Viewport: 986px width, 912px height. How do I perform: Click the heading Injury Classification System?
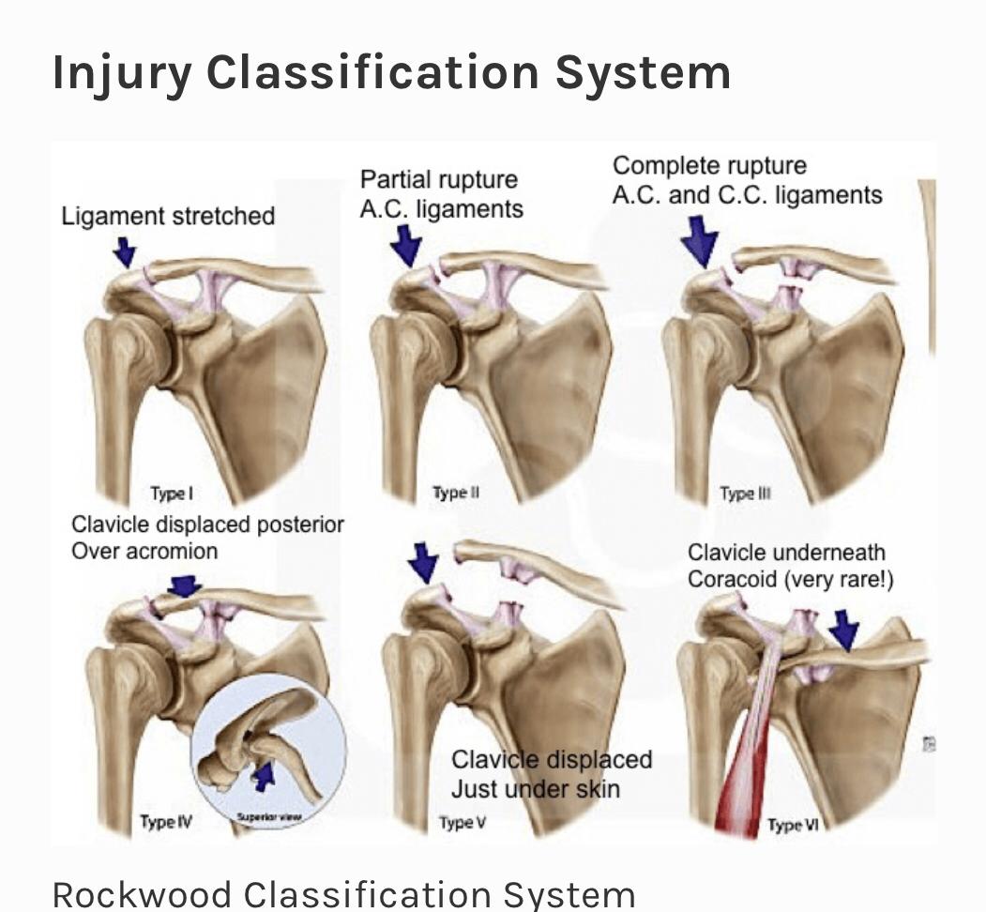[391, 73]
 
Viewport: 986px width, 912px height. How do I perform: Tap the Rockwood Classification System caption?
[343, 893]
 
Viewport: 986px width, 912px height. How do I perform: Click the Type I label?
[172, 494]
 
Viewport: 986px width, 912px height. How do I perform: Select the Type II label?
[455, 493]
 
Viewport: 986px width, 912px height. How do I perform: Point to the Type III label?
[745, 494]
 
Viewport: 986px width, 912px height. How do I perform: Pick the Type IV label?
[165, 822]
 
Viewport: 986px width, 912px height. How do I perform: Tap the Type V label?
[462, 823]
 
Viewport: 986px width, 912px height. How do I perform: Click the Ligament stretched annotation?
[168, 216]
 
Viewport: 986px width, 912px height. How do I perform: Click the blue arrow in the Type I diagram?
[125, 251]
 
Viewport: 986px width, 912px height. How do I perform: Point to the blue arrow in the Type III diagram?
[700, 239]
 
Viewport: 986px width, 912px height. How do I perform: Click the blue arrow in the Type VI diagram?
[844, 629]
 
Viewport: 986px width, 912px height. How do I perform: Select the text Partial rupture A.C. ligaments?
[441, 193]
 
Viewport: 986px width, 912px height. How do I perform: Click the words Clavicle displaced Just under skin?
[551, 773]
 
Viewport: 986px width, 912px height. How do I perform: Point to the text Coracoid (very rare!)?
[790, 579]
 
